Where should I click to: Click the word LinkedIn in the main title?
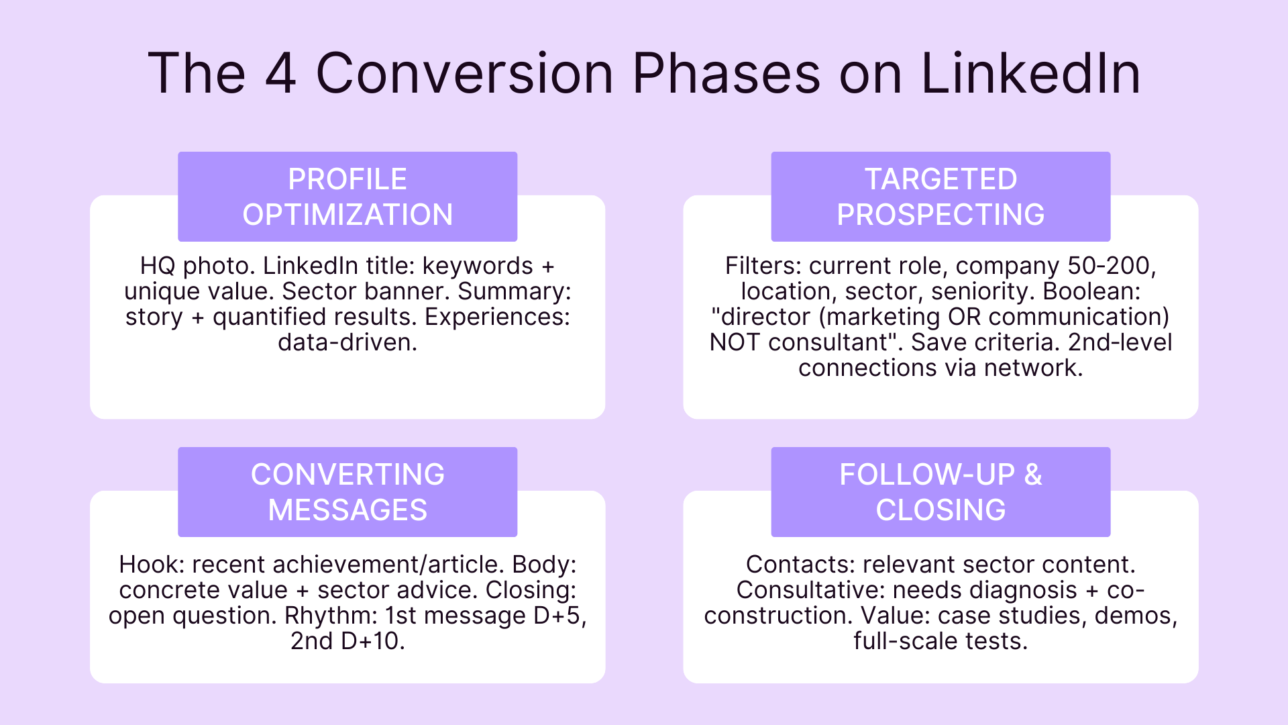[x=1030, y=73]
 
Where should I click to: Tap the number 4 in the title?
[x=280, y=73]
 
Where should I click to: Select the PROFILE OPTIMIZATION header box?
[x=347, y=197]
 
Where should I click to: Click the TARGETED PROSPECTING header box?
[x=941, y=197]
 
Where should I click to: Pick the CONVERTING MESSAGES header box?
[x=347, y=492]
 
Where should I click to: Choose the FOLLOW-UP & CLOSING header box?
[x=941, y=492]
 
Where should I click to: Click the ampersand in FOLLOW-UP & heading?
[x=1033, y=475]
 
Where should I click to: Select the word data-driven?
[x=347, y=342]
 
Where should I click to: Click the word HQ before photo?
[x=158, y=266]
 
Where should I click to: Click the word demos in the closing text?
[x=1132, y=616]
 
